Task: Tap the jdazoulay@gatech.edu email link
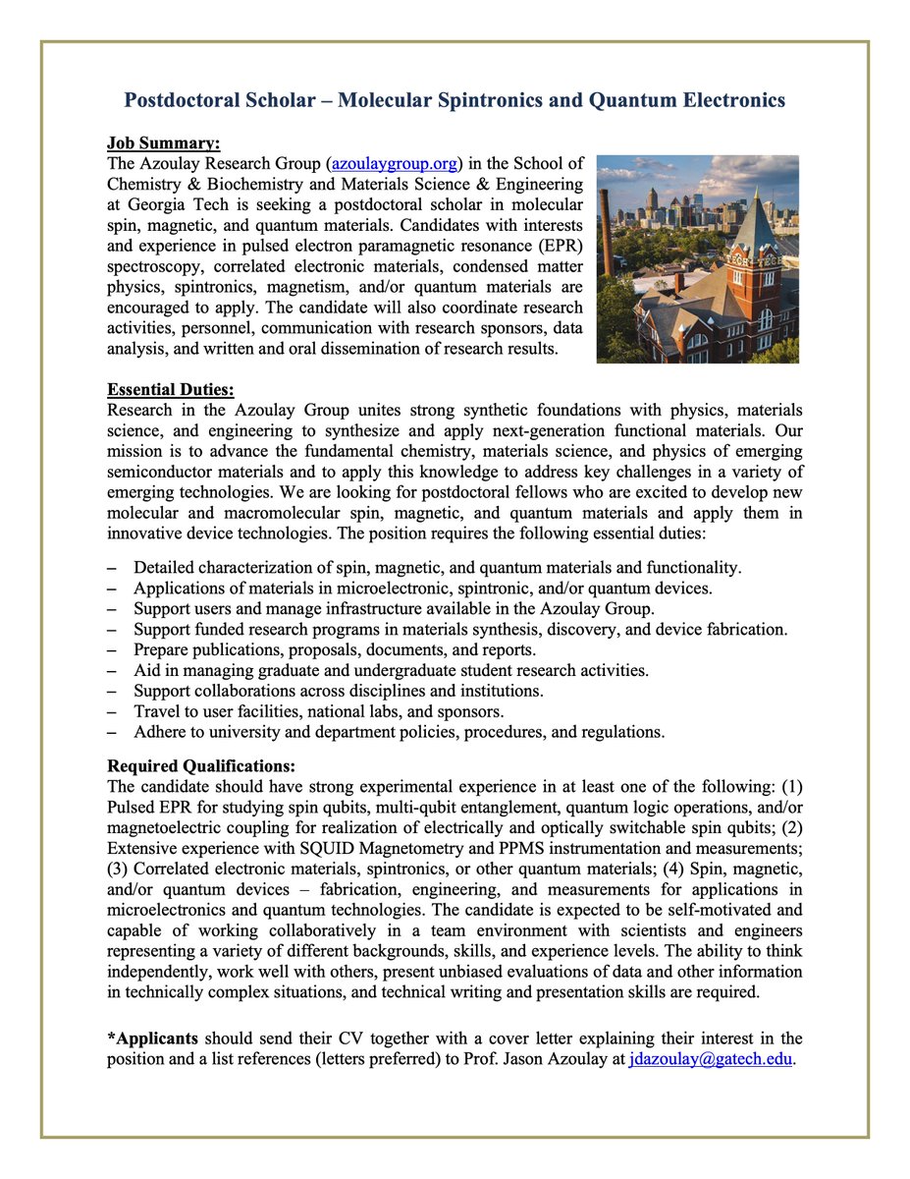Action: pos(709,1059)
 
